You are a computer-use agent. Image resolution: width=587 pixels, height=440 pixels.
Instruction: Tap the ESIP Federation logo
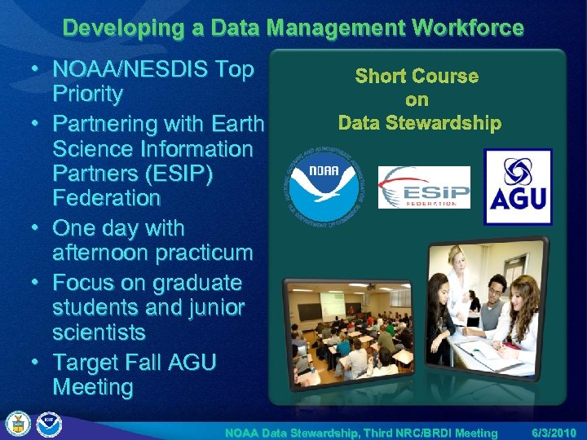point(424,187)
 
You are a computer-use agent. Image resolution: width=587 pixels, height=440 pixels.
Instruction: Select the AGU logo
point(519,187)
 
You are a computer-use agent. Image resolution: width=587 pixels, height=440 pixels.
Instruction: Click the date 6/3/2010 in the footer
point(554,433)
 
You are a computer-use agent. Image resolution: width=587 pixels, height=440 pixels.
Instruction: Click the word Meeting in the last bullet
point(92,387)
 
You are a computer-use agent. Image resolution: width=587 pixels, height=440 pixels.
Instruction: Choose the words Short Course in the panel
point(417,76)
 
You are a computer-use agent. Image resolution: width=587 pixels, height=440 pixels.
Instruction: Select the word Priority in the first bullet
point(87,94)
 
